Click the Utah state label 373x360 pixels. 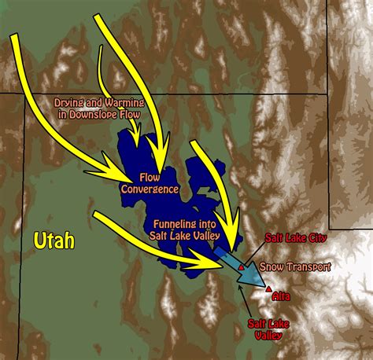point(54,240)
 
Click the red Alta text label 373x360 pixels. point(280,296)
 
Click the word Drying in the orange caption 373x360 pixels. point(68,104)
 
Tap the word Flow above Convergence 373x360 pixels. point(150,178)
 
